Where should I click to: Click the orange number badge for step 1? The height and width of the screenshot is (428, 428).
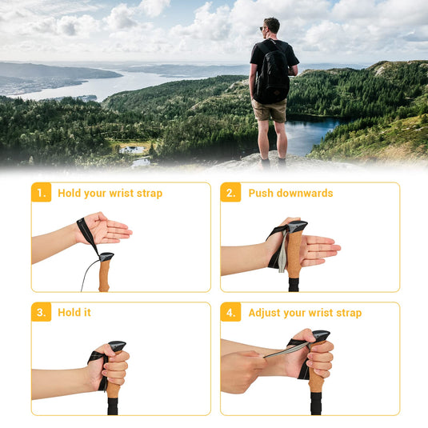(x=41, y=193)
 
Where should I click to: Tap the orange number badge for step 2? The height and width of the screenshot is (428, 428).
(x=230, y=193)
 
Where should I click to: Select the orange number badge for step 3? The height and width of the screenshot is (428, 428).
(x=41, y=312)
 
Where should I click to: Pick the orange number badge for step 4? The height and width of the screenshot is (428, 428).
(x=230, y=312)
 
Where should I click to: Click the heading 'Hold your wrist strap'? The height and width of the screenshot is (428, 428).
(x=110, y=193)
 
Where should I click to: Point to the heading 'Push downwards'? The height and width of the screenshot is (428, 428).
(x=290, y=193)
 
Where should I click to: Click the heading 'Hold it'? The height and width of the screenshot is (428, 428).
(x=74, y=312)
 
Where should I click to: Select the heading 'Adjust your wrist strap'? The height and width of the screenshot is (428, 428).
(x=305, y=312)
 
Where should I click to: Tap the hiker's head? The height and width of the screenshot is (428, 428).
(x=272, y=26)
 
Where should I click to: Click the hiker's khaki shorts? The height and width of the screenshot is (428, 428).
(x=270, y=110)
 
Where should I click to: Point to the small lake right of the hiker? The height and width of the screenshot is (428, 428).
(x=312, y=134)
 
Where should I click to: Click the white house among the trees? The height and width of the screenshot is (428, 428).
(x=132, y=150)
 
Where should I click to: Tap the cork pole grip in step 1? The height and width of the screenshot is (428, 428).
(x=104, y=276)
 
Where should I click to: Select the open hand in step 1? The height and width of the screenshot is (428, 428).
(x=106, y=230)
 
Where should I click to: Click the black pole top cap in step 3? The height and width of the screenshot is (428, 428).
(x=118, y=346)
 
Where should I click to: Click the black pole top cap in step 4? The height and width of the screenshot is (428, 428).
(x=321, y=335)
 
